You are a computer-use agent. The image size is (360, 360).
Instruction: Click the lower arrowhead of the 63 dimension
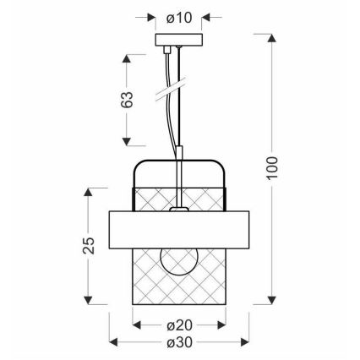pos(128,140)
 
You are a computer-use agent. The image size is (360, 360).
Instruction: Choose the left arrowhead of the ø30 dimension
pos(116,342)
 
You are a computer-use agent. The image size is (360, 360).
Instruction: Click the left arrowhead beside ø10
pos(150,18)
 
